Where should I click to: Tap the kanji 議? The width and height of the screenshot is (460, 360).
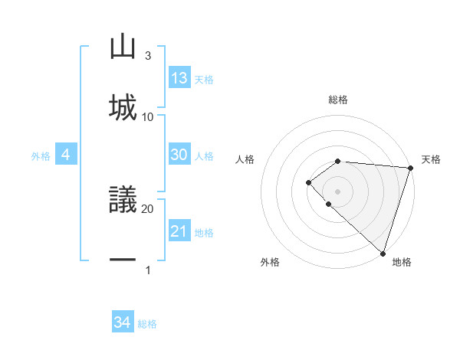123,201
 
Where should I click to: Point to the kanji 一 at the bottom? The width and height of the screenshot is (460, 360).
123,260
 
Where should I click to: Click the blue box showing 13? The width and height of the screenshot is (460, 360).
179,78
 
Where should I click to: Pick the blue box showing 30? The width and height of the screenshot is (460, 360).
179,155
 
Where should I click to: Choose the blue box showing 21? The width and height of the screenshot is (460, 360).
179,231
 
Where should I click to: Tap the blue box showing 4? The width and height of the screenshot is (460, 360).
66,155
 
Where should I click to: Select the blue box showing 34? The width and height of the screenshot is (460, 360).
123,322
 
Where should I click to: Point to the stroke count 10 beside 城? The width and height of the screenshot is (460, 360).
148,116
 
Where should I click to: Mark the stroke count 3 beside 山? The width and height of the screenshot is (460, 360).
148,56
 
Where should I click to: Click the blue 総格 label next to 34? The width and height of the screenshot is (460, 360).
148,324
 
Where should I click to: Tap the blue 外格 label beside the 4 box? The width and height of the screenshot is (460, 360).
41,156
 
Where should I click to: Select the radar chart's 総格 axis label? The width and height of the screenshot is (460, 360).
338,100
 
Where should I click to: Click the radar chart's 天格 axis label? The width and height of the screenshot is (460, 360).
431,159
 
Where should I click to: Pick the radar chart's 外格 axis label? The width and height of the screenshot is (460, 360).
270,263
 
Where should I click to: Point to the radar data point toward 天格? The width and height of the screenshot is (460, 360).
409,167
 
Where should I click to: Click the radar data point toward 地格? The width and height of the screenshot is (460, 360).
383,253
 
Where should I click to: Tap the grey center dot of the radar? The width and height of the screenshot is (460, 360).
338,191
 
